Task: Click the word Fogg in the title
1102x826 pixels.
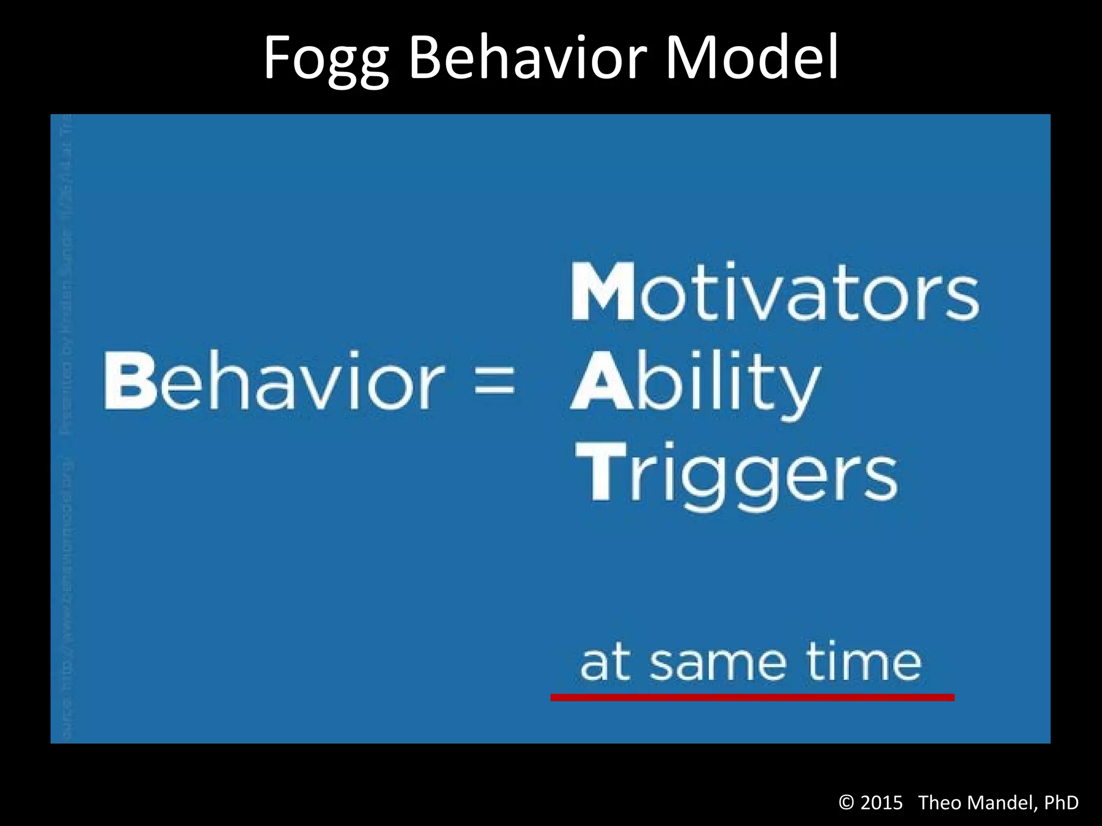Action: click(x=326, y=58)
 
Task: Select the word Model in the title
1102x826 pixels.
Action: click(x=752, y=57)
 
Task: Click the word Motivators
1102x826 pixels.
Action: click(x=775, y=293)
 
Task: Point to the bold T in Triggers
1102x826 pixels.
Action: click(x=602, y=472)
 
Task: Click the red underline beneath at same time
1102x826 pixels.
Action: click(x=752, y=697)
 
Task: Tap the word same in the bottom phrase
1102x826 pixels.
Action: click(x=719, y=665)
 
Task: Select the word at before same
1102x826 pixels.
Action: click(x=605, y=664)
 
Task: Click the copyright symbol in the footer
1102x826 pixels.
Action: click(x=846, y=803)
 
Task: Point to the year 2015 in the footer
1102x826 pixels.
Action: click(x=881, y=803)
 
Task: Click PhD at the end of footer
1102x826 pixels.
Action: click(x=1061, y=803)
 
